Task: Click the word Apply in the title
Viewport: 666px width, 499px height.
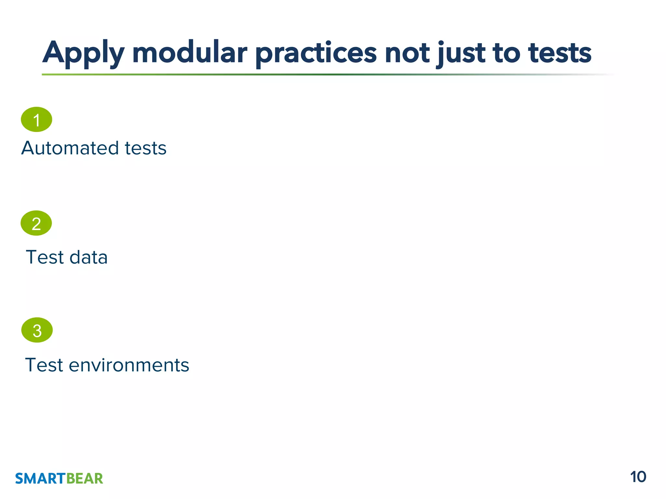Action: [83, 53]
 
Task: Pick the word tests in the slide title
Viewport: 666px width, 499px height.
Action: [560, 53]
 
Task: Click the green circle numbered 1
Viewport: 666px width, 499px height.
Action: [36, 120]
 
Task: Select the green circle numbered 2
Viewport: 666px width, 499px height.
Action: [36, 223]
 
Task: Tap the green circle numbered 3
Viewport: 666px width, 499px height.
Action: [37, 330]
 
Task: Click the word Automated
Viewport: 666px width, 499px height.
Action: [70, 148]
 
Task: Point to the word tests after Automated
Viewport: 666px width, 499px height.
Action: [146, 148]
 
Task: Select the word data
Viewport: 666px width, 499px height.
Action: [88, 257]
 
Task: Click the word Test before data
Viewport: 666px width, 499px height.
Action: [45, 257]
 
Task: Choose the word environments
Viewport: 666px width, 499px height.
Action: [129, 365]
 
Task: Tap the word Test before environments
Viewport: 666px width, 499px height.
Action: [44, 365]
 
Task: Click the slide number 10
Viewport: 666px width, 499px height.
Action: [638, 477]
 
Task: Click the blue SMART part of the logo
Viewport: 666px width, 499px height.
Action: [40, 479]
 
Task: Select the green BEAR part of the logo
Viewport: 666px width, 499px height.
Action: [85, 479]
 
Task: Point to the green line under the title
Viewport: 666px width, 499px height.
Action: [293, 74]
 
